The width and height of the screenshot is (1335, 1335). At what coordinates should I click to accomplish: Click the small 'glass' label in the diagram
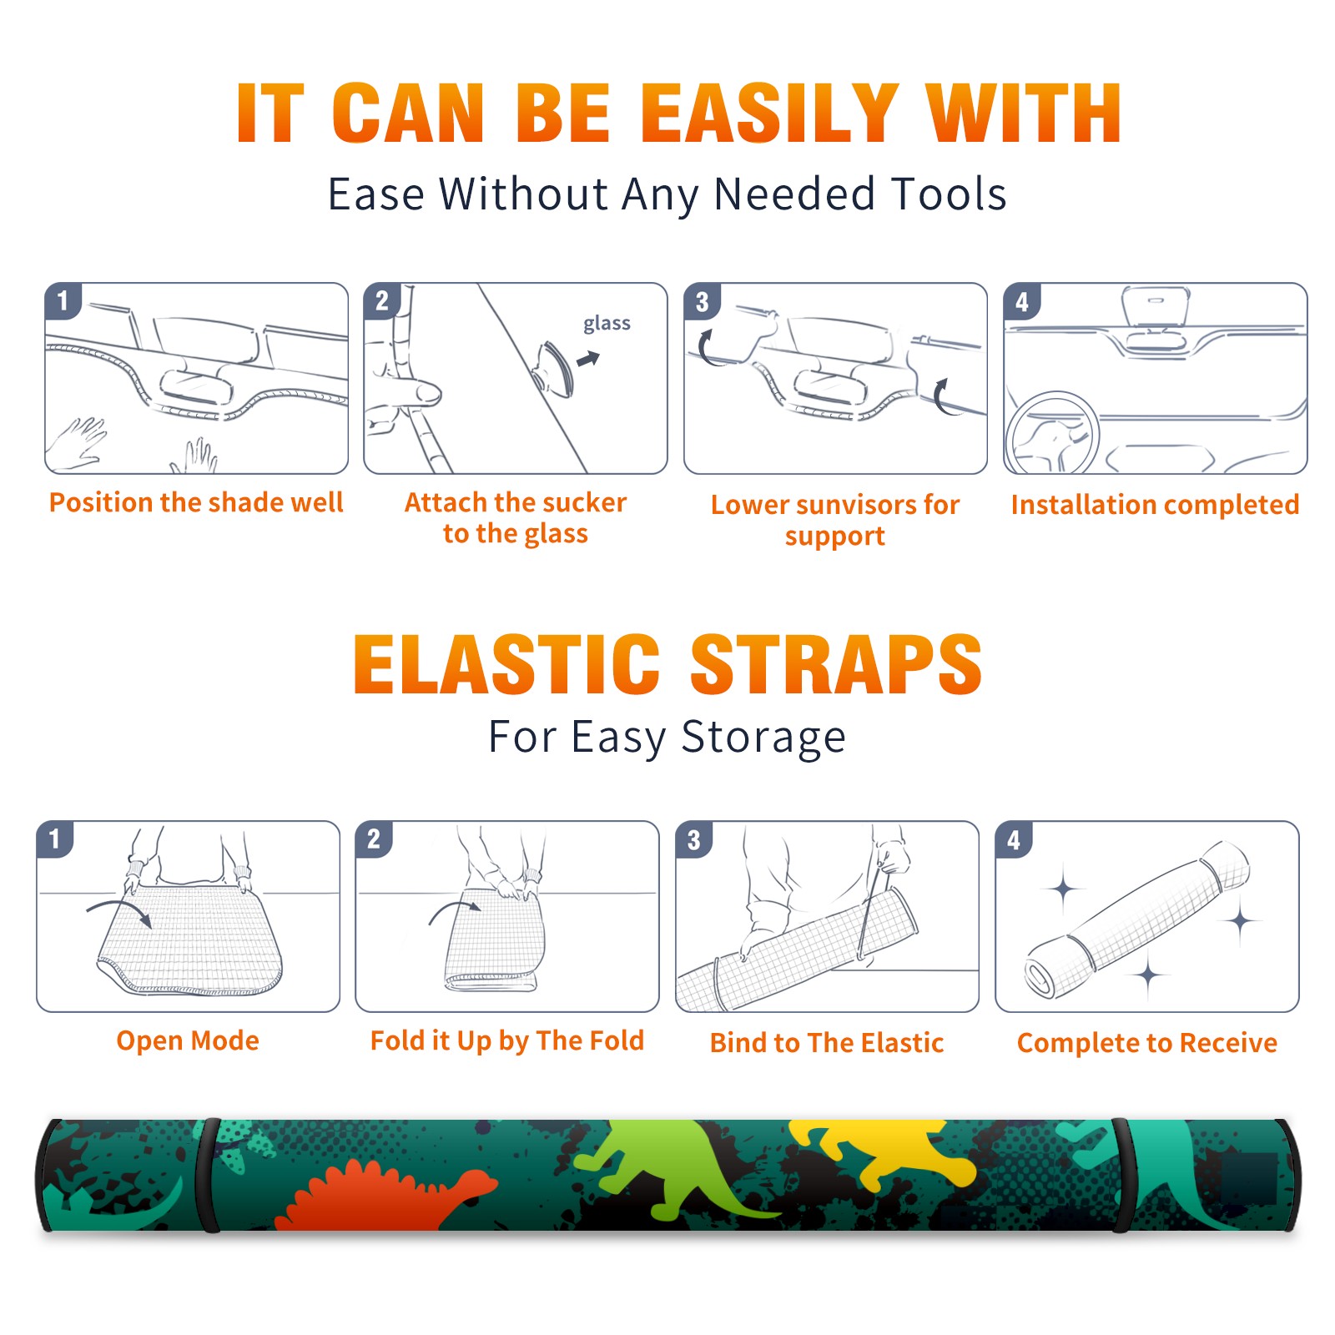pos(607,324)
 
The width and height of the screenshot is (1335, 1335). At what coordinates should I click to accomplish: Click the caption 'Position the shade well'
pos(196,502)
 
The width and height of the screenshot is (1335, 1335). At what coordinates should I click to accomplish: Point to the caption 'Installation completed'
pos(1155,504)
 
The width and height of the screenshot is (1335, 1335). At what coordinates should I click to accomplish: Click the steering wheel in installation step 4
pos(1052,433)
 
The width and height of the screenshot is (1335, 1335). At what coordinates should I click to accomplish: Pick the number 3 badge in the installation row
pos(702,301)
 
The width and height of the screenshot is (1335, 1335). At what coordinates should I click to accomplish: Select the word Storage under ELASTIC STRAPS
pos(763,738)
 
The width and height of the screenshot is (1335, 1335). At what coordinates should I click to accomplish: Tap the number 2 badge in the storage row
pos(374,839)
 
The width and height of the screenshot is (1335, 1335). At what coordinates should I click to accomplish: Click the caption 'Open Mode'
pos(188,1040)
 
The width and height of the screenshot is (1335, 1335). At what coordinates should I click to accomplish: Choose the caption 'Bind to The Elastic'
pos(827,1043)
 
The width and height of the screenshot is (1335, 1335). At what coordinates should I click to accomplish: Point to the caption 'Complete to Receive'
pos(1147,1043)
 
